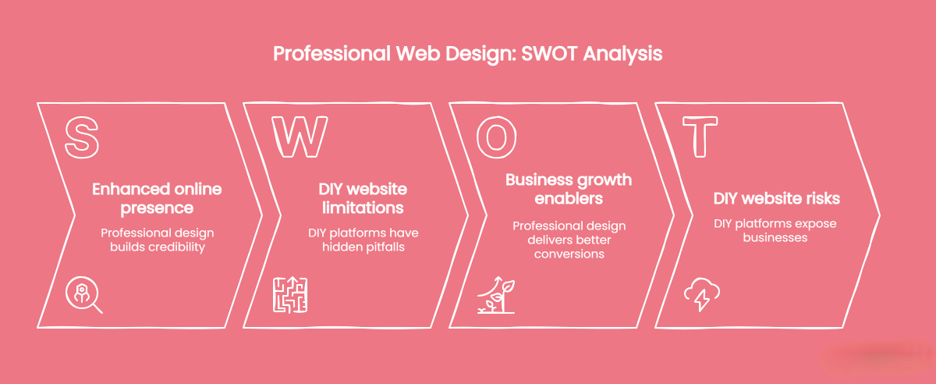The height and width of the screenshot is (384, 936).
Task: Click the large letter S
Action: (x=81, y=136)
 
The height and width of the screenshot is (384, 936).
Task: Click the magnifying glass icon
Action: (x=83, y=295)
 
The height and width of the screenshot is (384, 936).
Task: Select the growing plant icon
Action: (x=496, y=295)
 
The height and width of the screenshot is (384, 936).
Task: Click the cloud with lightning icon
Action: (x=701, y=294)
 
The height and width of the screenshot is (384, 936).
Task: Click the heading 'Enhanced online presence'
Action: (x=157, y=199)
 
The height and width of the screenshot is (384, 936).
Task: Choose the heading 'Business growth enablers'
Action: (x=569, y=190)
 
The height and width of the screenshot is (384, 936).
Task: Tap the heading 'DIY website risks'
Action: (x=776, y=199)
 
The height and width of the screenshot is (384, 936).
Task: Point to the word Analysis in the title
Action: (x=623, y=55)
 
